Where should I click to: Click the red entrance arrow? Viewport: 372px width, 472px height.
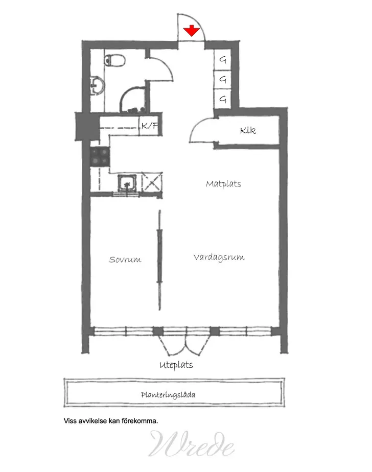click(x=192, y=30)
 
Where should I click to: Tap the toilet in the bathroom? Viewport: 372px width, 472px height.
click(x=117, y=61)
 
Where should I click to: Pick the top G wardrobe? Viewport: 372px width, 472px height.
click(x=223, y=60)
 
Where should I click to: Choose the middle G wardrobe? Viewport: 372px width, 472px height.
click(x=223, y=79)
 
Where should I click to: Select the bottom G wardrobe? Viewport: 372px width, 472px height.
click(x=223, y=99)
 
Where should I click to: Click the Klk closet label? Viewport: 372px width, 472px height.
click(x=248, y=131)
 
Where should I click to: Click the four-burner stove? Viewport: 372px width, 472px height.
click(x=99, y=156)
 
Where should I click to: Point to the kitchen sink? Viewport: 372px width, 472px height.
click(x=126, y=183)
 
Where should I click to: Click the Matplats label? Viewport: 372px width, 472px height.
click(x=223, y=183)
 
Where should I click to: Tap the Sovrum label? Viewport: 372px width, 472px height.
click(x=125, y=259)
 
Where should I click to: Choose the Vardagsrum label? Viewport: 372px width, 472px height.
click(x=219, y=257)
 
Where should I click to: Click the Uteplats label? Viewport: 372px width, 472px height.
click(x=176, y=365)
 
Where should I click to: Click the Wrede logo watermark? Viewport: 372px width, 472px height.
click(x=192, y=443)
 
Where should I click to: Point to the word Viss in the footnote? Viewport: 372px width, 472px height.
click(x=69, y=421)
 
